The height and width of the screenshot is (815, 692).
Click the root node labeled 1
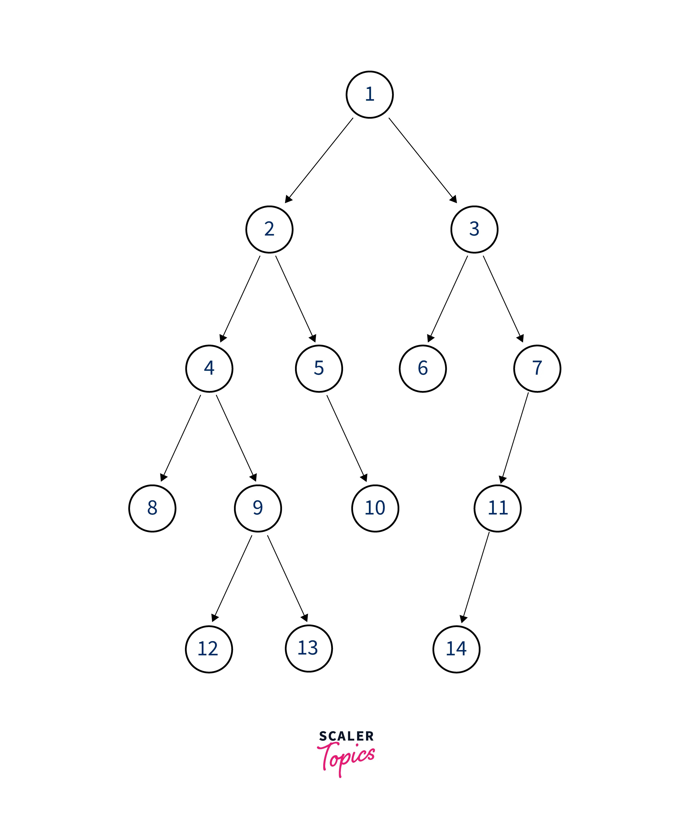point(370,95)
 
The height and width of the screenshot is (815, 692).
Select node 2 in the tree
point(269,229)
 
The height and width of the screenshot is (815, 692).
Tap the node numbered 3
point(474,229)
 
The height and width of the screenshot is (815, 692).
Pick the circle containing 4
point(209,368)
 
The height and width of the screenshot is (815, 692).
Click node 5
point(319,368)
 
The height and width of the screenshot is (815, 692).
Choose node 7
point(537,368)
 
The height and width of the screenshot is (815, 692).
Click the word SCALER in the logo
point(346,736)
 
